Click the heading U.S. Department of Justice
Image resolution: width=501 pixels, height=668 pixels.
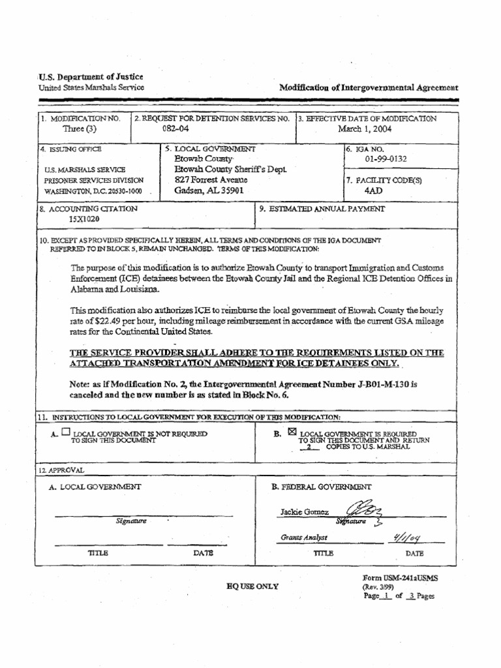click(91, 76)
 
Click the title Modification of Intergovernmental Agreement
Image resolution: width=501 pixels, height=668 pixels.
click(369, 87)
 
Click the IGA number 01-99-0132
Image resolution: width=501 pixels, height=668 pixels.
click(387, 159)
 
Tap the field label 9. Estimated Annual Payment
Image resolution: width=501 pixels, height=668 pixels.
click(322, 209)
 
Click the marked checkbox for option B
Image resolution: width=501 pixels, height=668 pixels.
click(291, 431)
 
